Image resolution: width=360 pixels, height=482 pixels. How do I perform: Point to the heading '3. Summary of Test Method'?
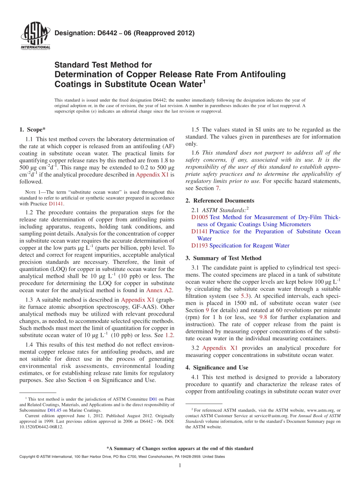pos(223,258)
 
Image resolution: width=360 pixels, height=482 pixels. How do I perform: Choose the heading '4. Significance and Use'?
pos(217,368)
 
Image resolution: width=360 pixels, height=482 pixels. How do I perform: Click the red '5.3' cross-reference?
pos(245,296)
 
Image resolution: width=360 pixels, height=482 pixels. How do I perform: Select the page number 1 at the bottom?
pos(180,465)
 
